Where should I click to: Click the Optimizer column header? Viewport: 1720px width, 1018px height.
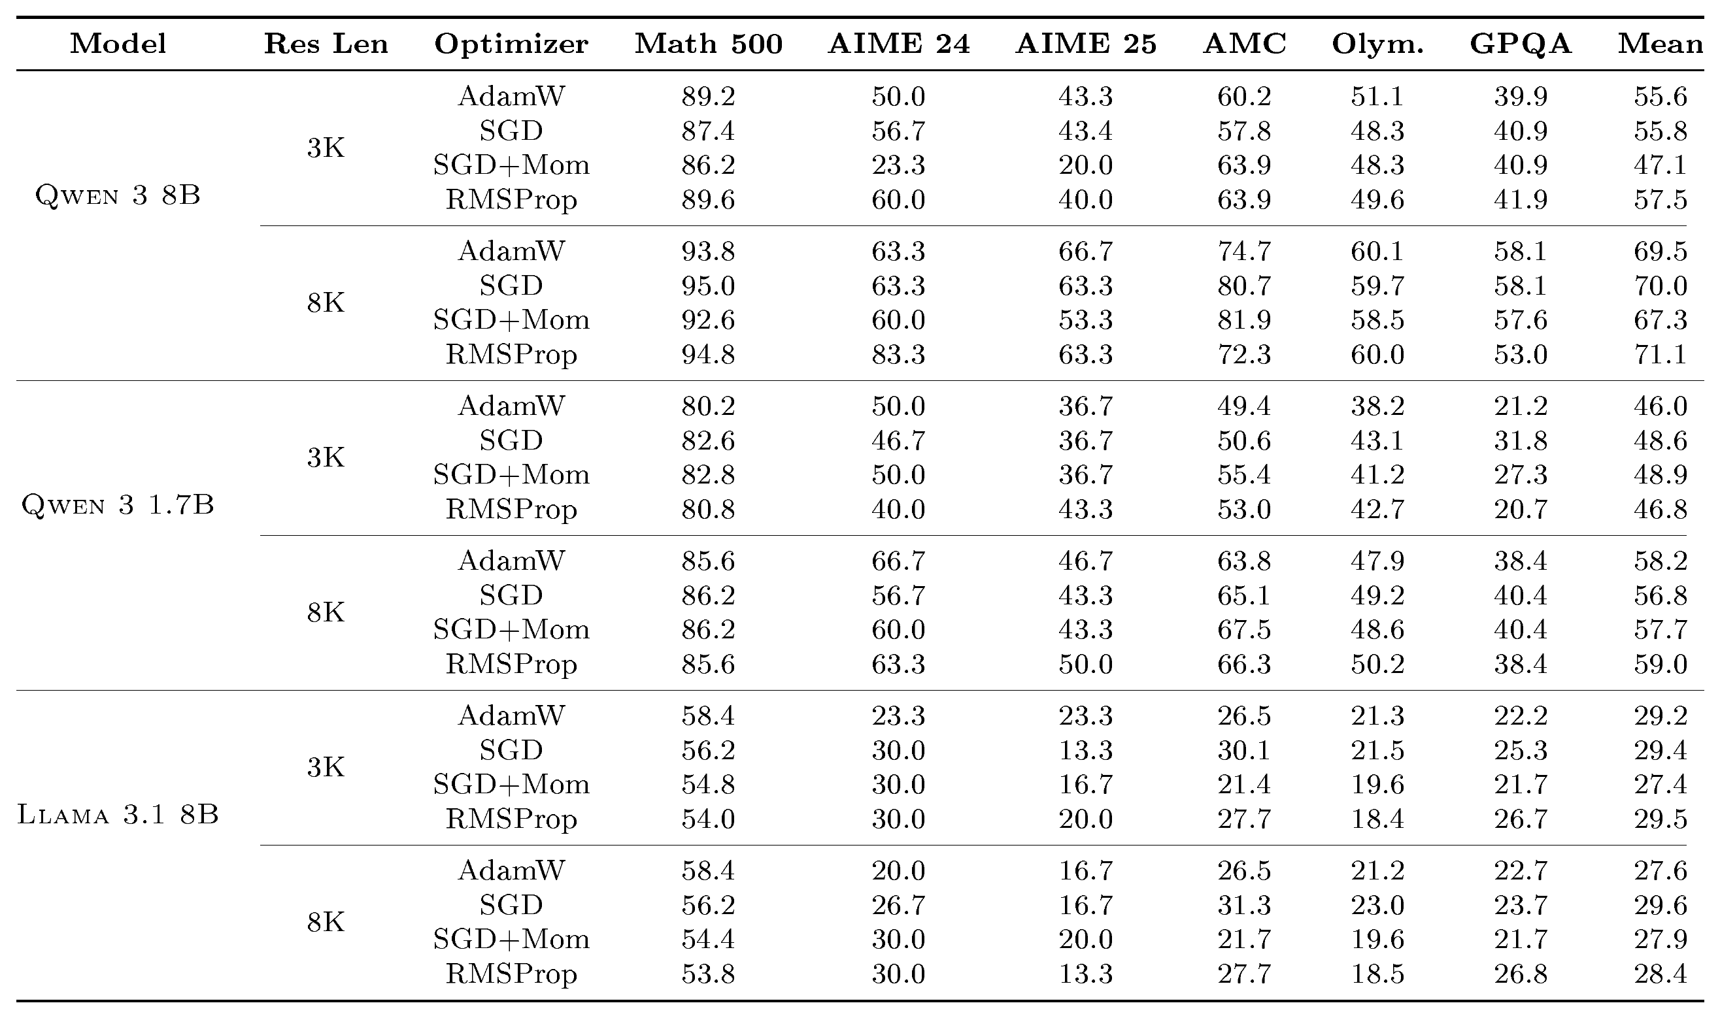511,44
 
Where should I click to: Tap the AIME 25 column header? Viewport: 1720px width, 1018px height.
1086,44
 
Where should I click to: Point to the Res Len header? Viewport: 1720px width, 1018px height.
326,44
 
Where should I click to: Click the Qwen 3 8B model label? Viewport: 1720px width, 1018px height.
118,195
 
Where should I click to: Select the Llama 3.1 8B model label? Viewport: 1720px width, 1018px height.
118,814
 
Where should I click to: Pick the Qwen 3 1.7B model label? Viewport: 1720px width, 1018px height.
118,505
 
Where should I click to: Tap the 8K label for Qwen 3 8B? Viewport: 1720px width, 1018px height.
326,303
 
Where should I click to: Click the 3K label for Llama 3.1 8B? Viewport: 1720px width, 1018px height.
326,767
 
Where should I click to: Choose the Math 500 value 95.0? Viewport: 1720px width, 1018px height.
708,286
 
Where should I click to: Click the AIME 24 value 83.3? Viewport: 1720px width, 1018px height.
898,355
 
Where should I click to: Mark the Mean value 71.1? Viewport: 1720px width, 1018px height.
1661,355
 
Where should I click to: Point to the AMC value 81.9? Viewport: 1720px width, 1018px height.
1244,320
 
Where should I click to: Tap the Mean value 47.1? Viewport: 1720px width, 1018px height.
1661,165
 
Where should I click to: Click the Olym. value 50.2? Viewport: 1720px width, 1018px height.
1377,664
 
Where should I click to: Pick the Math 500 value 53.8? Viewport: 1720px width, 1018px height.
708,974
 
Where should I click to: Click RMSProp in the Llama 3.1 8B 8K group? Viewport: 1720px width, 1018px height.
511,974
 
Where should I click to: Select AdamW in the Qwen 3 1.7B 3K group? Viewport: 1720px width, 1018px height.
511,406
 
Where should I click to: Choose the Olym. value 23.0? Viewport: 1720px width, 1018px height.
1377,906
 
